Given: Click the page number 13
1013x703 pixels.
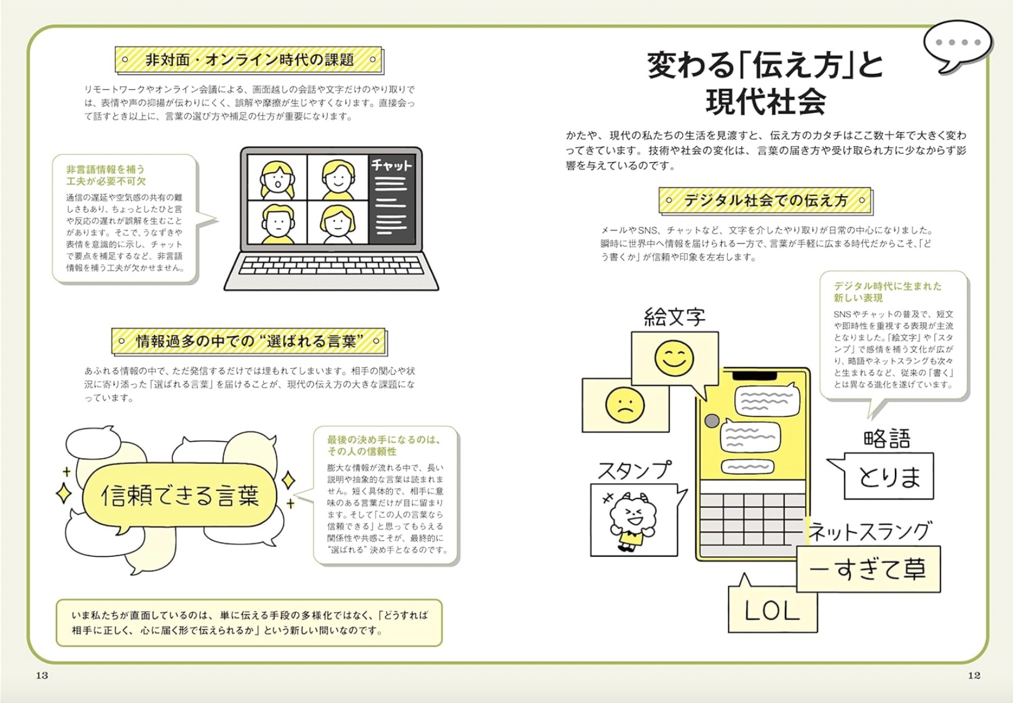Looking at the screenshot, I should coord(42,675).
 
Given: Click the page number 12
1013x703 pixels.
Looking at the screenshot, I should coord(974,675).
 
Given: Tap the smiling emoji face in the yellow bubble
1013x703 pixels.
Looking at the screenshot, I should coord(674,358).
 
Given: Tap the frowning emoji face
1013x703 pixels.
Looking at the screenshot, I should coord(625,405).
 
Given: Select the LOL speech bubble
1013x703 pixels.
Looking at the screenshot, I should coord(772,611).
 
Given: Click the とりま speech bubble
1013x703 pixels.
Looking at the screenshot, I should coord(889,476).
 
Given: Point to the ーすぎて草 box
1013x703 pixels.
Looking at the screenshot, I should coord(868,570).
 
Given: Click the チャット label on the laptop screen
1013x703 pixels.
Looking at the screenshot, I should coord(391,166).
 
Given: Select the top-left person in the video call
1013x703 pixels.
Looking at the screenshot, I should coord(277,179).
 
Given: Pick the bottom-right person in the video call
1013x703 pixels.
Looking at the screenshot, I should coord(337,222).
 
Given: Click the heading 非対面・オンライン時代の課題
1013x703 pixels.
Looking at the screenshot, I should coord(249,60).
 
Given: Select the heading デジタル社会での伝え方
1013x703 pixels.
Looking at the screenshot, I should coord(765,200).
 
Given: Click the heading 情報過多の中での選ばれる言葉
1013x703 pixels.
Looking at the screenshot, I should coord(249,341).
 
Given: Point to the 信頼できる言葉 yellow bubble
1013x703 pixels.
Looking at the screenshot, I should coord(179,495).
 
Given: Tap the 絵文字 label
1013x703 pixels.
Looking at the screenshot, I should coord(674,317).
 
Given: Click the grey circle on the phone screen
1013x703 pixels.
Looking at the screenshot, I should coord(712,421).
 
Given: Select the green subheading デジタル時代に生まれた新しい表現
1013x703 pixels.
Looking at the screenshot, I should coord(886,292).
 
